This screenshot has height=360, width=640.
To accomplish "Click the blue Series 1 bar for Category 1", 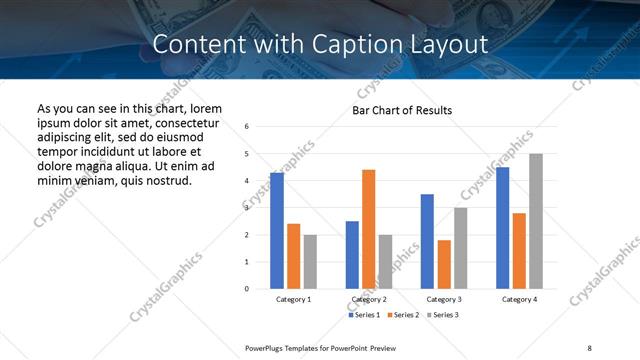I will (x=277, y=231).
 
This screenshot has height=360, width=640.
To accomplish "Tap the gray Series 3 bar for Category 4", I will (x=536, y=221).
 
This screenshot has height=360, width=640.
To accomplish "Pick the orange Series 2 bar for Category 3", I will (x=444, y=264).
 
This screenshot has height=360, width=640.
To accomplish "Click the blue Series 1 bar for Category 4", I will (x=502, y=228).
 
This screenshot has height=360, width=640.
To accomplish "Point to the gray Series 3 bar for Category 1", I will (x=310, y=262).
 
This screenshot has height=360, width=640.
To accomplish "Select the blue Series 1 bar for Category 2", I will (x=352, y=255).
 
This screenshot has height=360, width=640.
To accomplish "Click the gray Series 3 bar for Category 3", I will (x=460, y=248).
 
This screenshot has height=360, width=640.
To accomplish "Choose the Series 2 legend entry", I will (x=402, y=315).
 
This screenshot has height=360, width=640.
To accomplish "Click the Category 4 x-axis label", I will (x=519, y=299).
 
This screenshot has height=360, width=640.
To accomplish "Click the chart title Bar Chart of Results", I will (x=402, y=110).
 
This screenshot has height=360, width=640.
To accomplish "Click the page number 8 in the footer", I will (x=589, y=347).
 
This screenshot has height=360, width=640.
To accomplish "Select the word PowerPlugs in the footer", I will (x=266, y=347).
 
